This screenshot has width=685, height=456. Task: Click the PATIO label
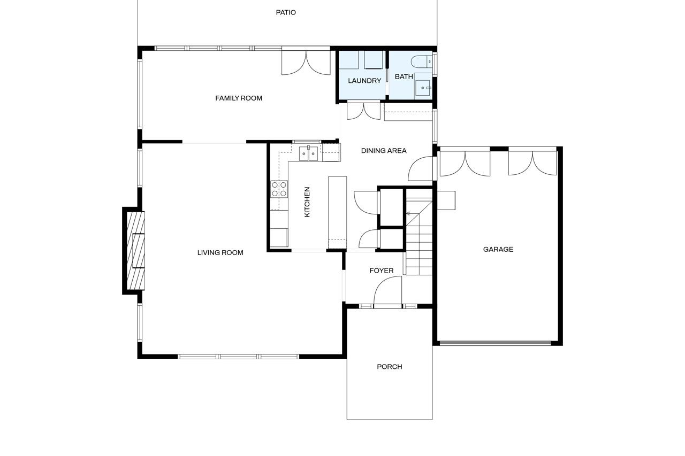[286, 12]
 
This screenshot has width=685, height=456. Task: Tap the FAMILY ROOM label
[239, 98]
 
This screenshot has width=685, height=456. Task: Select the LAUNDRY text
[364, 81]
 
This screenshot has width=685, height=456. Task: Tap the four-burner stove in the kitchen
[279, 189]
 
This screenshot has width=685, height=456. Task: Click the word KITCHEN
[307, 202]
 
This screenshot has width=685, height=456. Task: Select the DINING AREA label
[383, 151]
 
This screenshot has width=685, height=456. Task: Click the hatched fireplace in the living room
[135, 250]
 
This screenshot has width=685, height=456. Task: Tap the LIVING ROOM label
[220, 253]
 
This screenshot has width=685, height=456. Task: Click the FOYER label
[381, 270]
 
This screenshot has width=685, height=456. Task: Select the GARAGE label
[498, 249]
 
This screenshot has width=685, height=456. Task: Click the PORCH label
[389, 367]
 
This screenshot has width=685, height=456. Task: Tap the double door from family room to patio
[306, 62]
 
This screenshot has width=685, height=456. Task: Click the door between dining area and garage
[421, 169]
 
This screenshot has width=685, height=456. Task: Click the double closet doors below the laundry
[363, 111]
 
